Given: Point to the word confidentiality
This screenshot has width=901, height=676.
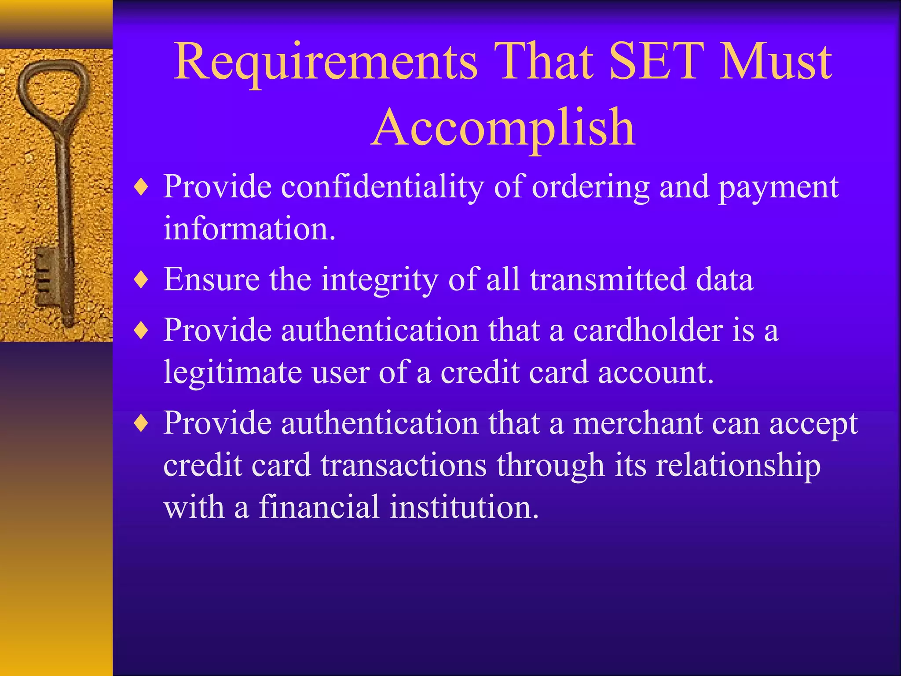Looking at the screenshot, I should tap(382, 187).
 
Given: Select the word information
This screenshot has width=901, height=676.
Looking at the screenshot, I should tap(249, 228).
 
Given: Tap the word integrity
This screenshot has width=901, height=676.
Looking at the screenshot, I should tap(379, 280).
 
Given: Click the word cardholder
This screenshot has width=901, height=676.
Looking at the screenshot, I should tap(648, 330).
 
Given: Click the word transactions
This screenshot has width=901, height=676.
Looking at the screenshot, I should tap(403, 465).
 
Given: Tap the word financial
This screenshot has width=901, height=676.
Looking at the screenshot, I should tap(319, 507).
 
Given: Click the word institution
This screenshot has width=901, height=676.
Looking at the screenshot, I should tap(464, 507).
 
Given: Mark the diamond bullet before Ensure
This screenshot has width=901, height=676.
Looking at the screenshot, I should tap(141, 280).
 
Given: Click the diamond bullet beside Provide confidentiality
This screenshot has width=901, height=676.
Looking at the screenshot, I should tap(141, 187).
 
